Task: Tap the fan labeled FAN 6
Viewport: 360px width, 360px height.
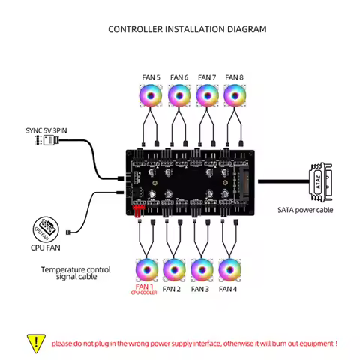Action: pyautogui.click(x=178, y=95)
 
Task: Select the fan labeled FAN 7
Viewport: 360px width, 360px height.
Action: pyautogui.click(x=207, y=95)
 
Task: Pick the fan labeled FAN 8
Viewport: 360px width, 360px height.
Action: pyautogui.click(x=235, y=95)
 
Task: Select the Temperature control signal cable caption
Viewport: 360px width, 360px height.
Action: pyautogui.click(x=76, y=273)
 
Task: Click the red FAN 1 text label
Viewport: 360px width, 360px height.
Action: pyautogui.click(x=144, y=286)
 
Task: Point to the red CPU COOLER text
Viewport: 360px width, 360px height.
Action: pyautogui.click(x=143, y=293)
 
